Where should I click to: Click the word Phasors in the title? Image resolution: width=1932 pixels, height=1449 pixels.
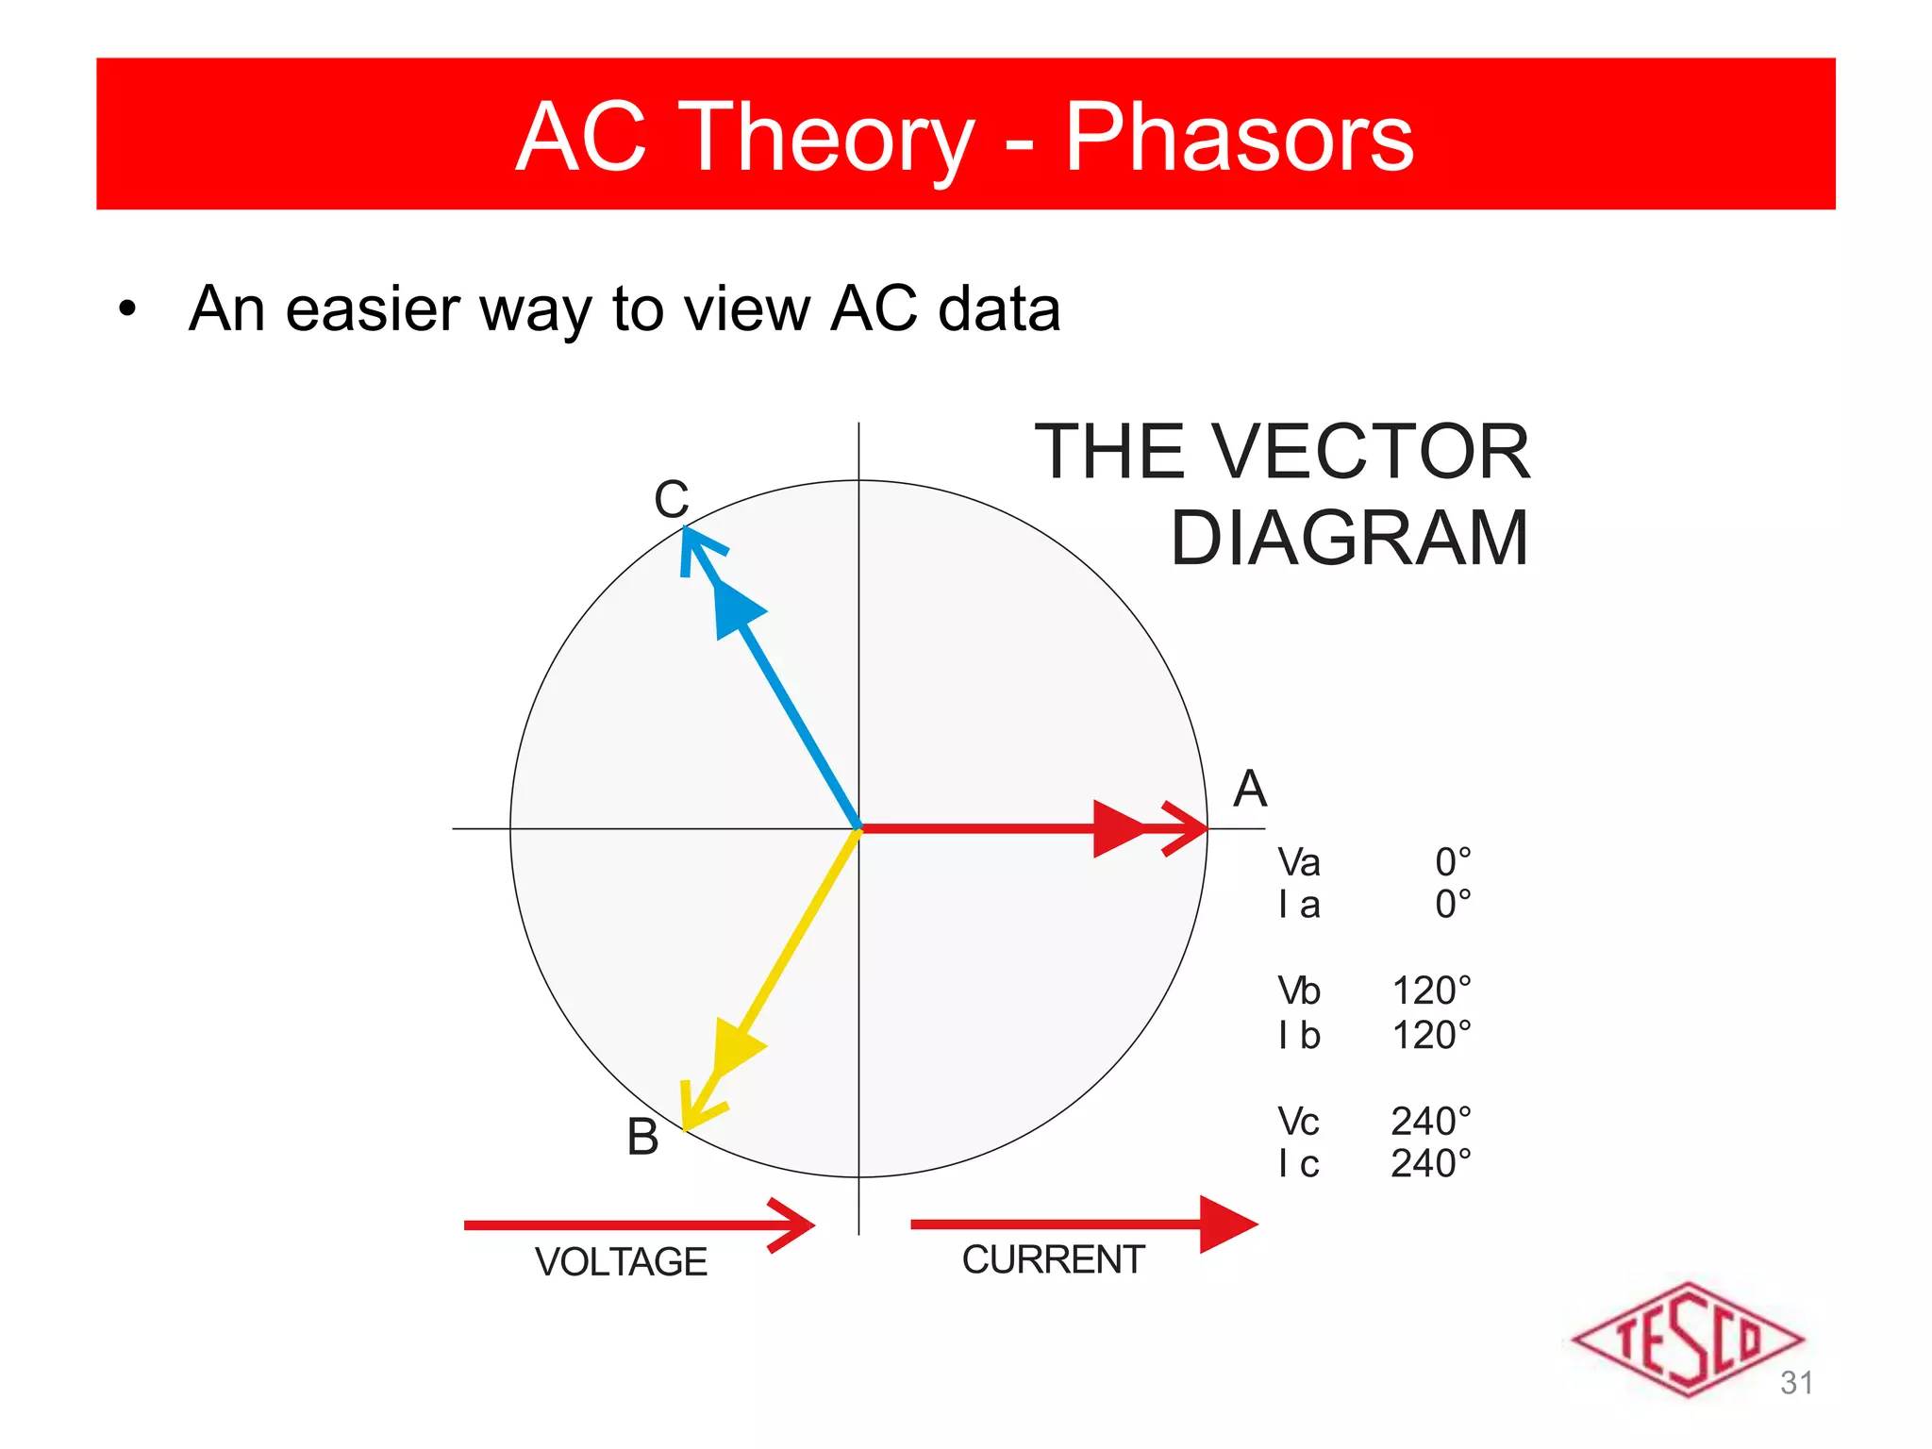[1239, 138]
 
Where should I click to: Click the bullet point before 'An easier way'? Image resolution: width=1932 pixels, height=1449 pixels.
[127, 309]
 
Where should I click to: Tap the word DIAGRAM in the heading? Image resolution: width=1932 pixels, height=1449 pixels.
[1349, 538]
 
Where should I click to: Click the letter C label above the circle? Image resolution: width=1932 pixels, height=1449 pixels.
[672, 499]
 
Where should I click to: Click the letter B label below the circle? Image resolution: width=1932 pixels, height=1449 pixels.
[642, 1137]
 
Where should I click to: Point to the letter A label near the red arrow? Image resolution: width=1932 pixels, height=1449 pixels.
[1250, 789]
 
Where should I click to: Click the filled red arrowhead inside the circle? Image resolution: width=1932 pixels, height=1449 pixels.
[1118, 828]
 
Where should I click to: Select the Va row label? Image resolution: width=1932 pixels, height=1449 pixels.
[1298, 862]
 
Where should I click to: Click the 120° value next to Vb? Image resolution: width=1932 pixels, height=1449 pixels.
[1431, 991]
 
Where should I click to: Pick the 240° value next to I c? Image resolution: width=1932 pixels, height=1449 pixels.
[1430, 1163]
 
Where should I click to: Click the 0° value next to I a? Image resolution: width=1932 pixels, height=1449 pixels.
[1453, 905]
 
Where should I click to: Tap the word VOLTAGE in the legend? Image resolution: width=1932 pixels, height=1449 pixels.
[621, 1262]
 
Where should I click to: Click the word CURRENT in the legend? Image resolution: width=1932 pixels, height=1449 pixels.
[1053, 1260]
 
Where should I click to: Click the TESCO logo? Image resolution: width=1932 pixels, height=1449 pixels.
[1687, 1339]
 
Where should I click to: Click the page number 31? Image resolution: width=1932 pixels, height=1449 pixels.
[1796, 1383]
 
